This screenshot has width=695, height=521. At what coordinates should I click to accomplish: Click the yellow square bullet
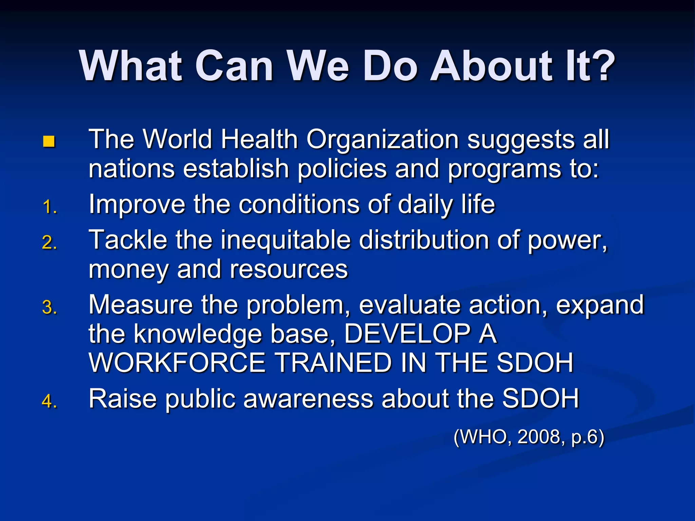point(49,141)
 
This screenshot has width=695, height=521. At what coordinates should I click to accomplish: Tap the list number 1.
point(50,207)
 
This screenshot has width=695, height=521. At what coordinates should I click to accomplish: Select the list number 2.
point(50,243)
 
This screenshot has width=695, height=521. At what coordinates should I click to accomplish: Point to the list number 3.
point(50,308)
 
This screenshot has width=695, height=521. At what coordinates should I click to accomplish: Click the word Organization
point(382,140)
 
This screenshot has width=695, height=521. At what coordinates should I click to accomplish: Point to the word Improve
point(137,205)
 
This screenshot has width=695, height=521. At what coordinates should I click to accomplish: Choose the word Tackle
point(128,240)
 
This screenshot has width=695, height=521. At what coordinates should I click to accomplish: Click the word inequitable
point(286,240)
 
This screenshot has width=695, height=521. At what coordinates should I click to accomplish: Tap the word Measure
point(140,305)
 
